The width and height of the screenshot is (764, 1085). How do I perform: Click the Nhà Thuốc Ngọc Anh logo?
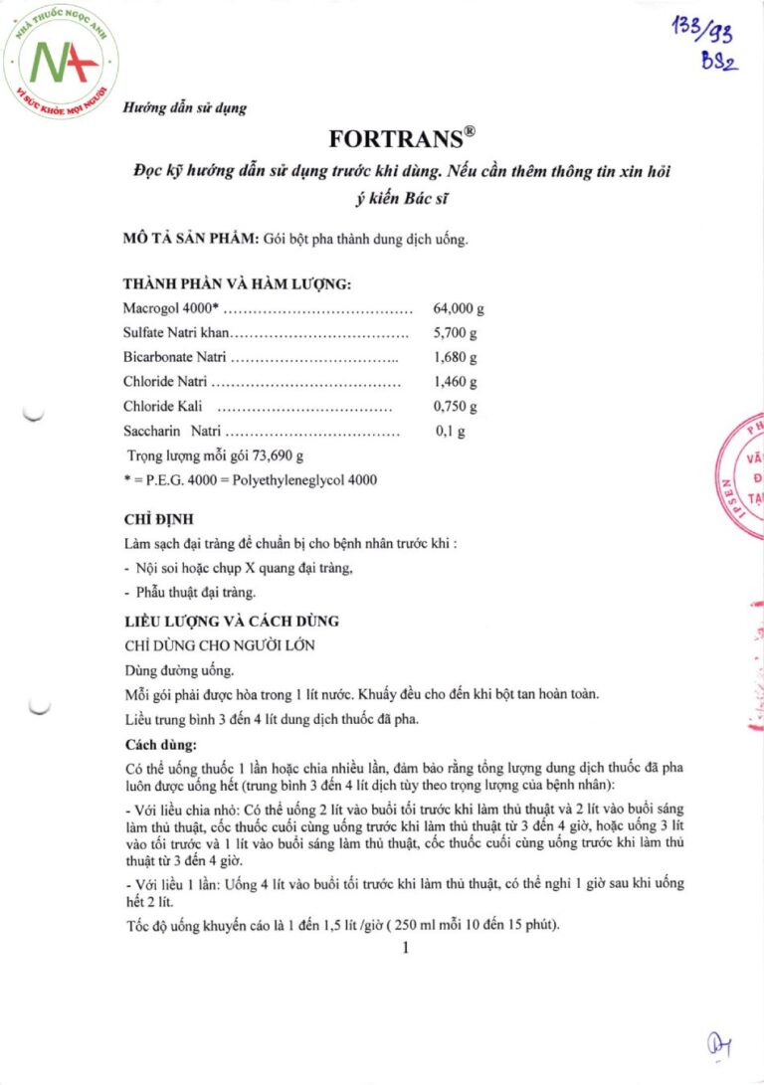click(62, 62)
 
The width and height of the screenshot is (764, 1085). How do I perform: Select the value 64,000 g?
click(459, 309)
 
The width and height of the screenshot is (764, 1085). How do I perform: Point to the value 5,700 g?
click(456, 333)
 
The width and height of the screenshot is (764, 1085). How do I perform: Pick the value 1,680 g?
click(456, 357)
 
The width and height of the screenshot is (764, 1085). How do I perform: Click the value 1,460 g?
click(456, 382)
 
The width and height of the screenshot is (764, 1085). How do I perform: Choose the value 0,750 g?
click(456, 406)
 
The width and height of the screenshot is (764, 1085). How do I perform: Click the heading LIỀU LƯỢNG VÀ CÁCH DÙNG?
click(231, 621)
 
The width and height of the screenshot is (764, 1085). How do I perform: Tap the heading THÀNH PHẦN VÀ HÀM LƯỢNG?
click(237, 284)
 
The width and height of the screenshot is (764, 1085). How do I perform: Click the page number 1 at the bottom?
click(406, 948)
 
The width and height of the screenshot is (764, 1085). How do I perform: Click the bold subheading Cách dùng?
click(160, 744)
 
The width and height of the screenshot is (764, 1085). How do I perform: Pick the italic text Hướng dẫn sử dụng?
click(185, 107)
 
